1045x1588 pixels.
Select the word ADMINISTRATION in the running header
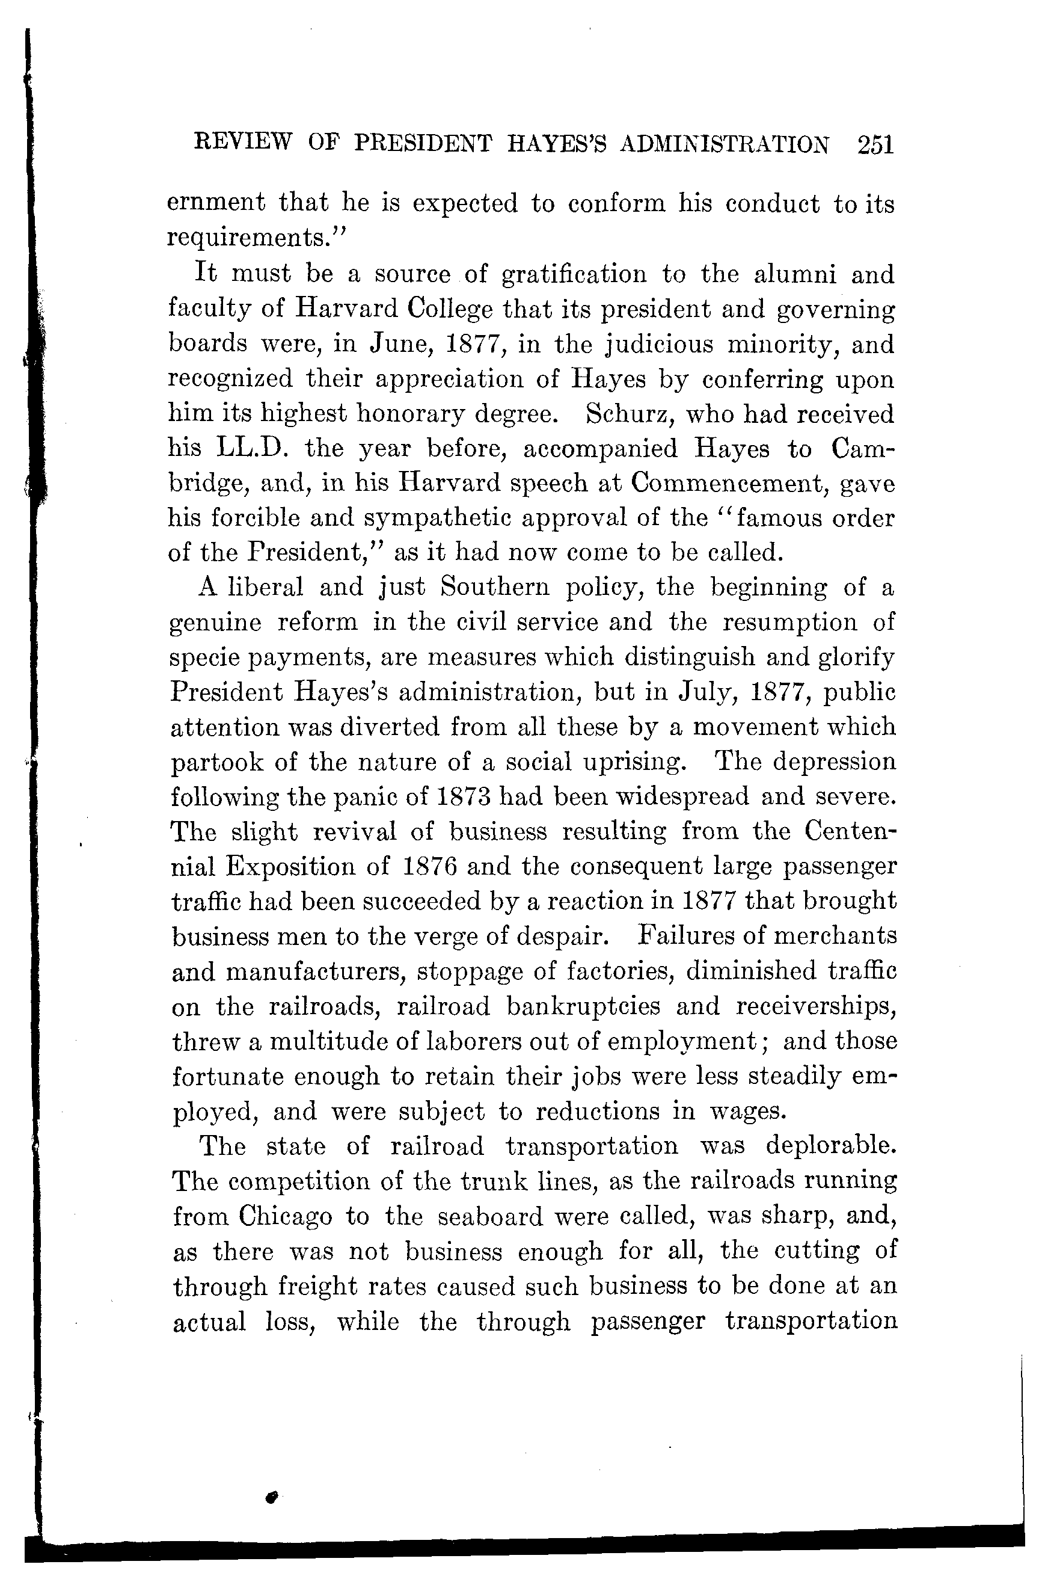pyautogui.click(x=725, y=145)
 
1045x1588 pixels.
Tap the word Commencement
pyautogui.click(x=728, y=483)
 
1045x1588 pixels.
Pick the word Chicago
pyautogui.click(x=286, y=1216)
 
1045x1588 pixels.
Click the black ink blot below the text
pyautogui.click(x=270, y=1497)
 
